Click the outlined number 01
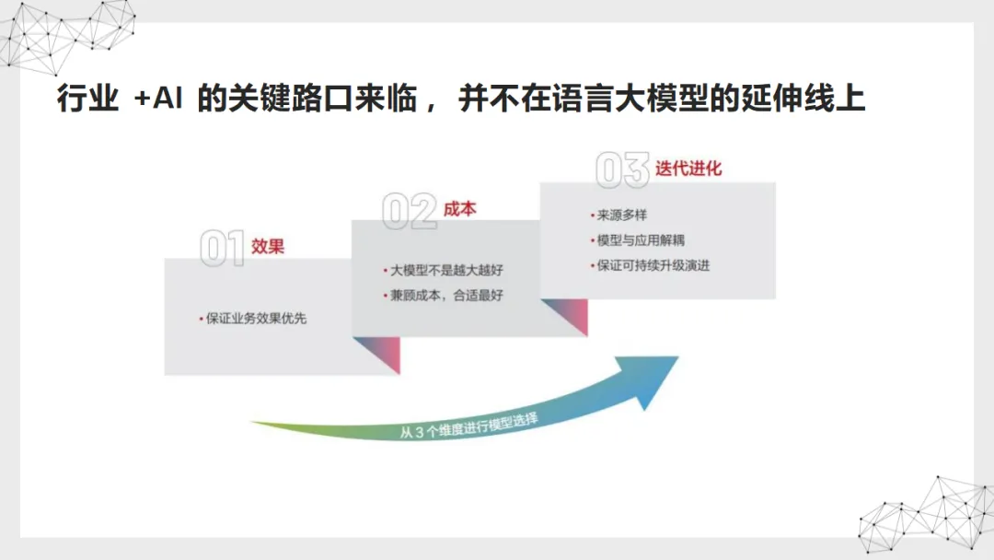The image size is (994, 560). coord(222,249)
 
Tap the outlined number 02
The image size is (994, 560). coord(409,212)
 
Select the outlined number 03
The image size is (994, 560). coord(622,171)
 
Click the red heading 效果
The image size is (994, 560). coord(268,247)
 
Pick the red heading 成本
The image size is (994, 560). coord(459,209)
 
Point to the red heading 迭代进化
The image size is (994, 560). coord(688,169)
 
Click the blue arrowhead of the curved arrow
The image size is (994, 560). coord(654,379)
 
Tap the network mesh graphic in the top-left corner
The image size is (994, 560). coord(64,32)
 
